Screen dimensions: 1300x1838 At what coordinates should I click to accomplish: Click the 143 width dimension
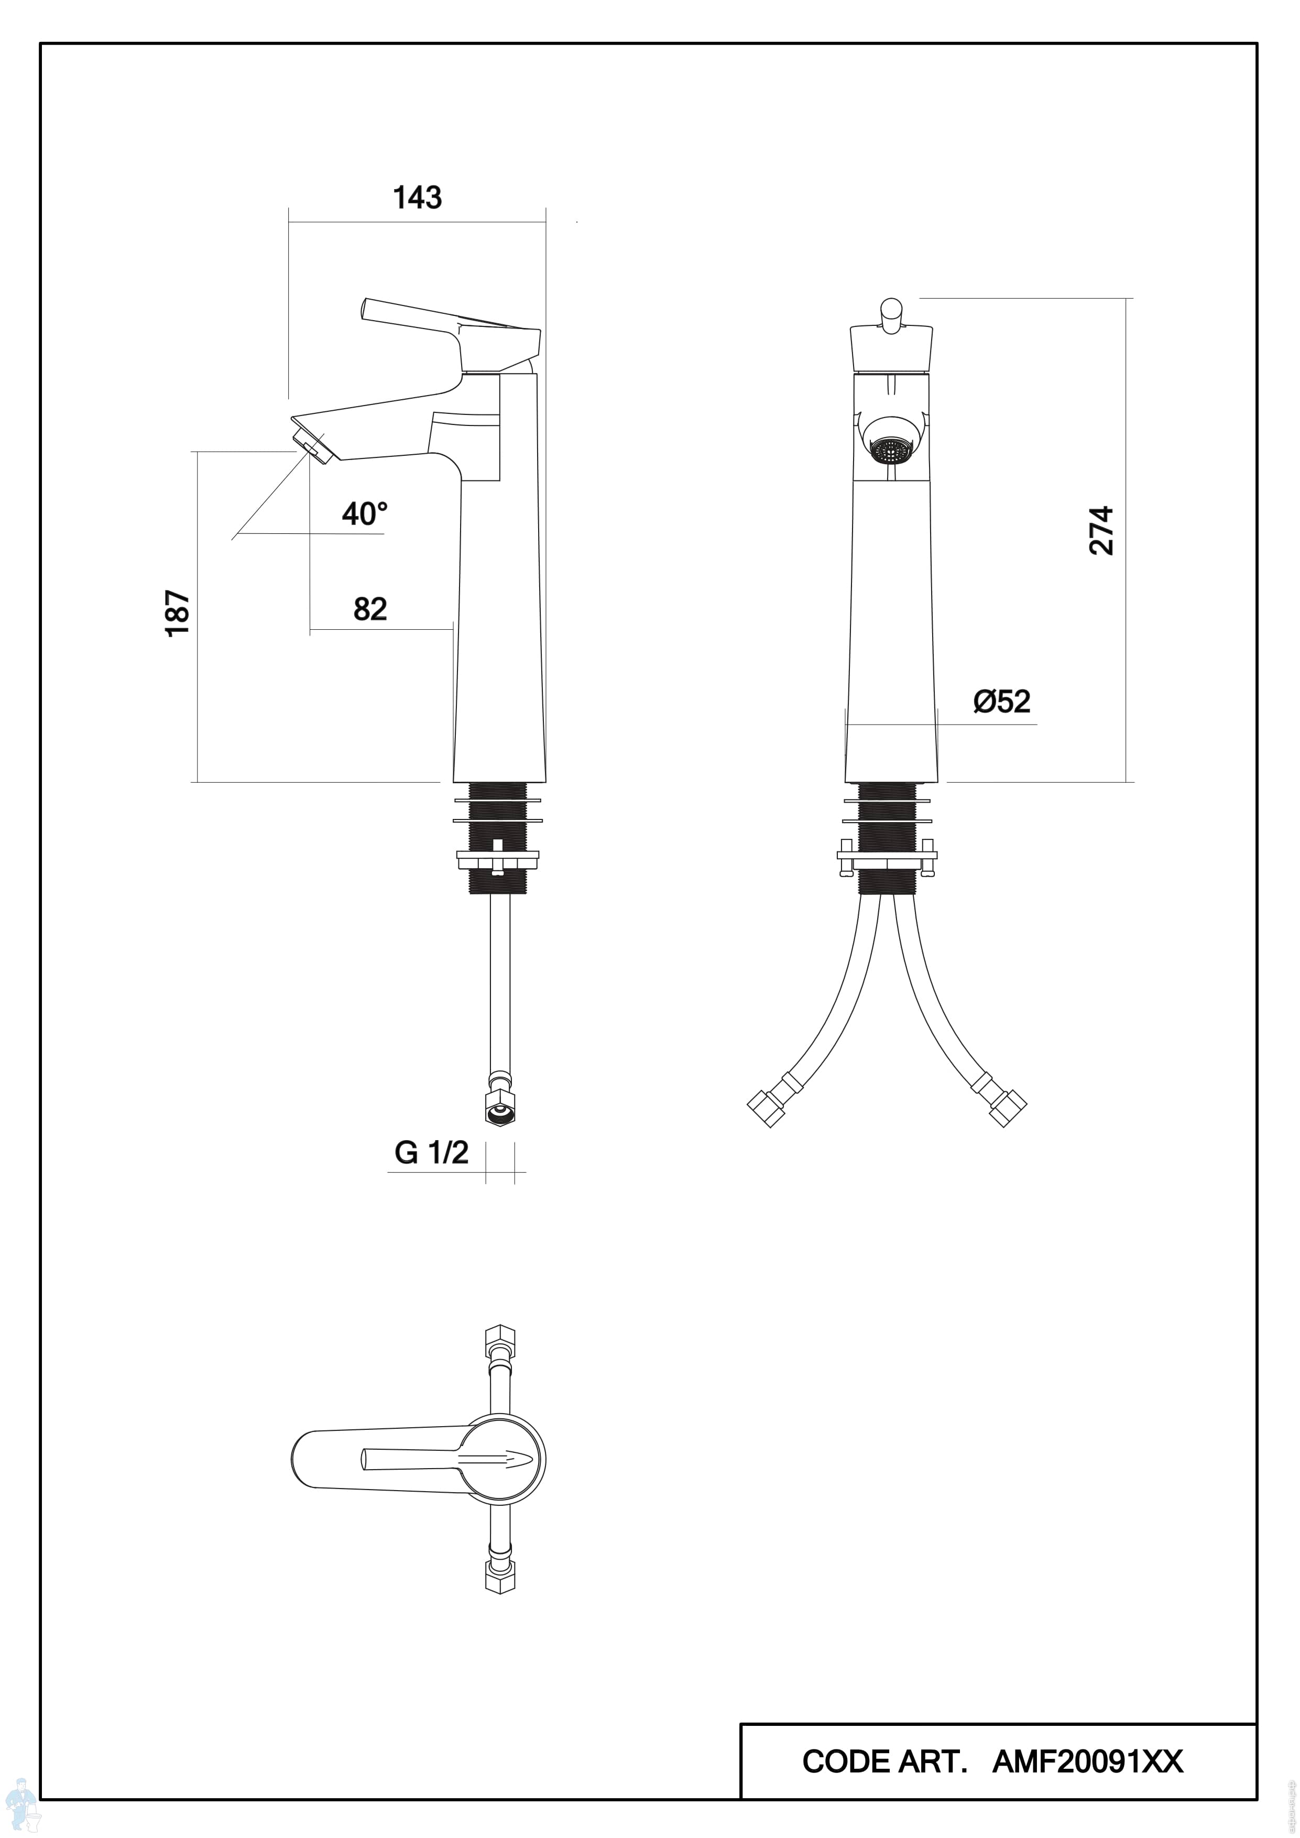[417, 197]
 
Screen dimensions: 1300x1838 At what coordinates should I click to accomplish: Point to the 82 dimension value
[370, 609]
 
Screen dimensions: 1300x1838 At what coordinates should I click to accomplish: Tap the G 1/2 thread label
[431, 1153]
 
